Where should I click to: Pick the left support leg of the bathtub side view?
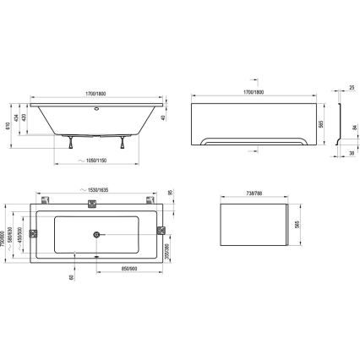[x=70, y=142]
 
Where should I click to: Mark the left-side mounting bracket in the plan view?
[x=34, y=234]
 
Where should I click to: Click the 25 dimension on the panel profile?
[x=352, y=86]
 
